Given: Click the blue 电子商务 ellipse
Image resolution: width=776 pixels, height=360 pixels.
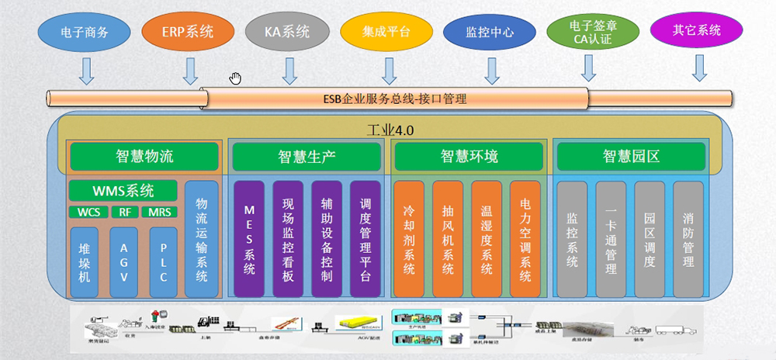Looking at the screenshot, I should point(84,33).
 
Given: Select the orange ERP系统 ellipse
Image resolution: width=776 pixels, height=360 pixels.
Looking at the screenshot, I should point(188,33).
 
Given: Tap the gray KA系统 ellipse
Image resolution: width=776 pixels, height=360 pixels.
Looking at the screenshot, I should point(288,33).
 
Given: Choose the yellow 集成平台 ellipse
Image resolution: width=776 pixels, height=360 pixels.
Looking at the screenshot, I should point(386,33).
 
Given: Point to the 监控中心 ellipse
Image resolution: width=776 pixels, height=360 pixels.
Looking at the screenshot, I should point(490,33).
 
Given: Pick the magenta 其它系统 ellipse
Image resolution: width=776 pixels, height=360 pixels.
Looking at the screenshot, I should point(696,32).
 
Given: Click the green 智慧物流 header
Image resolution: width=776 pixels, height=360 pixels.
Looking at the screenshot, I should point(144,157).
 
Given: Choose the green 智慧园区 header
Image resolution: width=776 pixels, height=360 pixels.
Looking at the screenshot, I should point(630,157).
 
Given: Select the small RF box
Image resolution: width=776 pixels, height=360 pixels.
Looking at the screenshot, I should point(124,212).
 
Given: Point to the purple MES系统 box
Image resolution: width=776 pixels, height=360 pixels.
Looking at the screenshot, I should point(249,240).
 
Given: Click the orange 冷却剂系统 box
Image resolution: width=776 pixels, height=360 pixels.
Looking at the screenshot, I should point(409,240).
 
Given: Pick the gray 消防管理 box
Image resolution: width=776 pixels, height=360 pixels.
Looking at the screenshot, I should point(688,240).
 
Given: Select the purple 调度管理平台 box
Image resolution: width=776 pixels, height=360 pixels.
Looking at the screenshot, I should point(365,240).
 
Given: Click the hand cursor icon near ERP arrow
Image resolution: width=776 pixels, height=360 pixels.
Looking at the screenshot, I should point(235,77).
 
